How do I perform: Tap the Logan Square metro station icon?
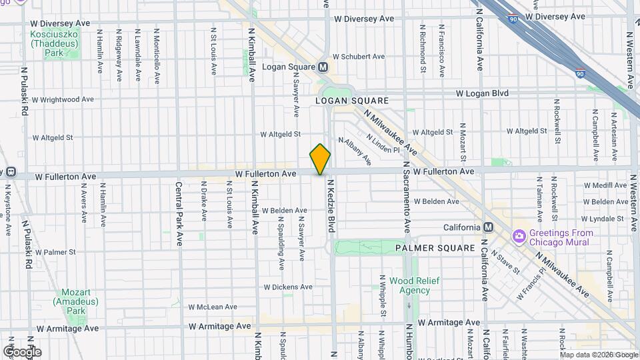323,67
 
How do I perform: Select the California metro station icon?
489,227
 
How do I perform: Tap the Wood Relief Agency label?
415,285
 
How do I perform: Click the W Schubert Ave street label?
359,57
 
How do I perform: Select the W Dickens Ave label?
287,287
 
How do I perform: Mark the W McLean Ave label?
212,307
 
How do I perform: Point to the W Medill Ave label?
605,185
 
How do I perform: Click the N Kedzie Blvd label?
329,209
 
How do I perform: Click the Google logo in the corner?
22,351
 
